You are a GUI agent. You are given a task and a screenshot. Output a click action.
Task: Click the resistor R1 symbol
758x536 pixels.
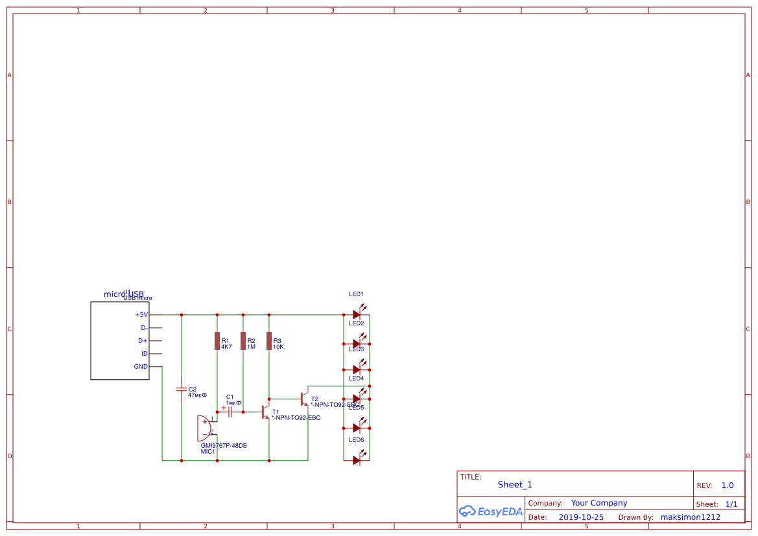(x=217, y=341)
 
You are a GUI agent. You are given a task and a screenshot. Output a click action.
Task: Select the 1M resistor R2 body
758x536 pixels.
(x=243, y=341)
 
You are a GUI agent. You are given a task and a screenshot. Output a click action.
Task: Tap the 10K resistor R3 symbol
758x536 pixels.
(x=269, y=341)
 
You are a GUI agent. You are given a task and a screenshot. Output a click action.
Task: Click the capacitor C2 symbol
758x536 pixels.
(x=182, y=390)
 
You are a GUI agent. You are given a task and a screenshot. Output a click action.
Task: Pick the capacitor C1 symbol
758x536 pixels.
(x=230, y=412)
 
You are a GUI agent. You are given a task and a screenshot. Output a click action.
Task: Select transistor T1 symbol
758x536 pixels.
(x=265, y=412)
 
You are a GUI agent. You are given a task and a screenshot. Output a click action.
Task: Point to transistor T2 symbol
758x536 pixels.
(x=303, y=398)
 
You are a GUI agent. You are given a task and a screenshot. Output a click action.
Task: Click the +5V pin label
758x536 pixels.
(x=141, y=315)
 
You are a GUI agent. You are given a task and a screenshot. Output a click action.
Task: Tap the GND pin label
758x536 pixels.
(x=141, y=367)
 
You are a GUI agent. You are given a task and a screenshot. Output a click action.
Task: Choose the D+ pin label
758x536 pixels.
(x=143, y=341)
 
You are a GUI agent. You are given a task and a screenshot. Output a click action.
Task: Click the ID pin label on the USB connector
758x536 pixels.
(x=145, y=354)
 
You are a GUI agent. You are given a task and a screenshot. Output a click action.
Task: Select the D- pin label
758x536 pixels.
(x=144, y=328)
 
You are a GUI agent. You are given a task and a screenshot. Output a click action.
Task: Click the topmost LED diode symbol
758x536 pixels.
(x=357, y=314)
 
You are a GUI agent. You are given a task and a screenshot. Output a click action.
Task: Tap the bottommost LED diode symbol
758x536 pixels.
(x=357, y=460)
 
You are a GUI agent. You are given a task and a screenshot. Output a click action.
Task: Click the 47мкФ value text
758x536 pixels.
(x=197, y=395)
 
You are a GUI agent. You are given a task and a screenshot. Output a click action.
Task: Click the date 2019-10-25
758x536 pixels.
(x=581, y=517)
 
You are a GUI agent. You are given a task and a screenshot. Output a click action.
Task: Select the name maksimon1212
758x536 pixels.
(x=690, y=517)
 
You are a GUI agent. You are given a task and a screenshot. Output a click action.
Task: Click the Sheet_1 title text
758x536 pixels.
(x=515, y=485)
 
